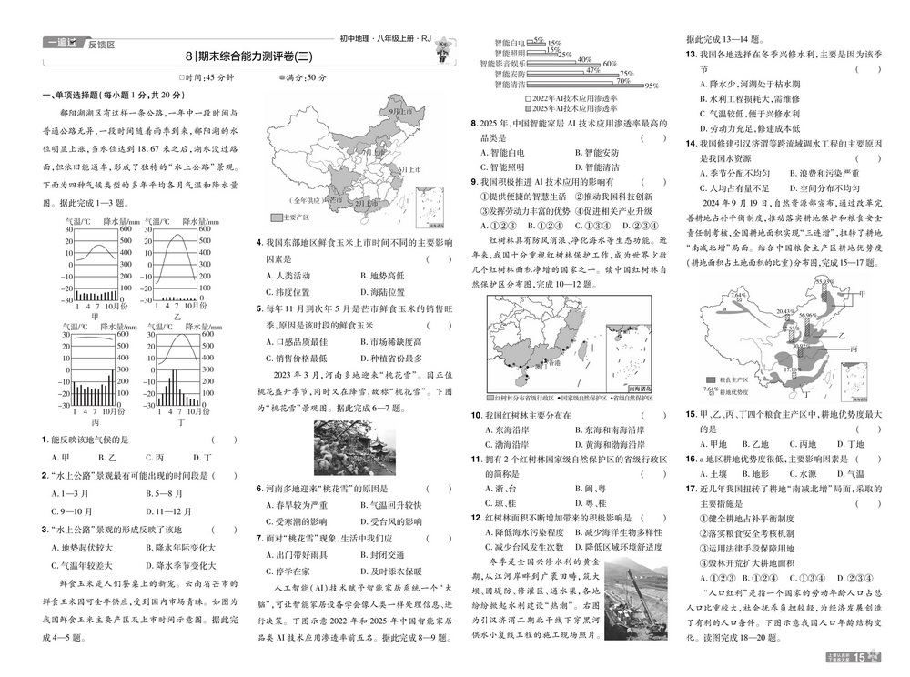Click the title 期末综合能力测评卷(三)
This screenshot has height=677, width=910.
tap(251, 56)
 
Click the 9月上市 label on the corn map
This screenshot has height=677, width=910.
tap(399, 110)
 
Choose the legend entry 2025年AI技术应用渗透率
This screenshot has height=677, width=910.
tap(565, 107)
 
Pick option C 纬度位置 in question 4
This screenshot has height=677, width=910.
tap(288, 292)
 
